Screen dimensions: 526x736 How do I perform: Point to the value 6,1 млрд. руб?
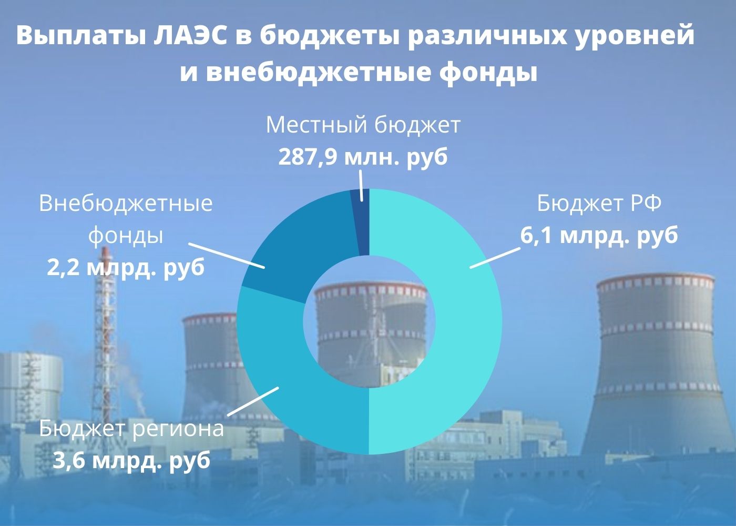coord(599,235)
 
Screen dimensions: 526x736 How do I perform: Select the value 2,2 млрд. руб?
coord(126,268)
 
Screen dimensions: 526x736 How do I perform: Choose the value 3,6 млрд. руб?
coord(131,461)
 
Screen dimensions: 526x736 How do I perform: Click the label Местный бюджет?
coord(363,126)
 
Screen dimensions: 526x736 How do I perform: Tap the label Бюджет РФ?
coord(599,203)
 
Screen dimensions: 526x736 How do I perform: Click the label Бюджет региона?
coord(131,429)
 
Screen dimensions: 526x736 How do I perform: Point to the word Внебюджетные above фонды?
coord(126,203)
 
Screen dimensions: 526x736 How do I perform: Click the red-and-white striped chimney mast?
coord(106,337)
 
